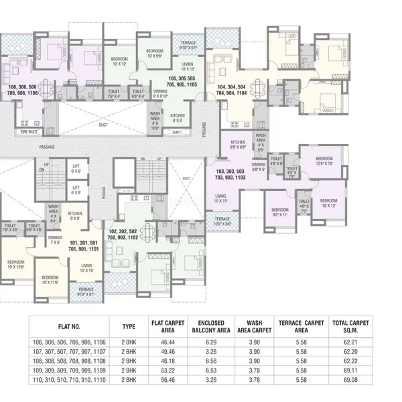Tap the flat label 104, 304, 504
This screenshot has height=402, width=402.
tap(232, 91)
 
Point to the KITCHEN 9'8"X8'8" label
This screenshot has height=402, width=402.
tap(238, 145)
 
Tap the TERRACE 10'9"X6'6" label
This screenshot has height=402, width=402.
tap(222, 221)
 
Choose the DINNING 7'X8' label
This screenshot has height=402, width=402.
tap(55, 240)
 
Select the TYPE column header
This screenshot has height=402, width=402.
tap(129, 326)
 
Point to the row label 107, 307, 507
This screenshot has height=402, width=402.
tap(69, 350)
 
